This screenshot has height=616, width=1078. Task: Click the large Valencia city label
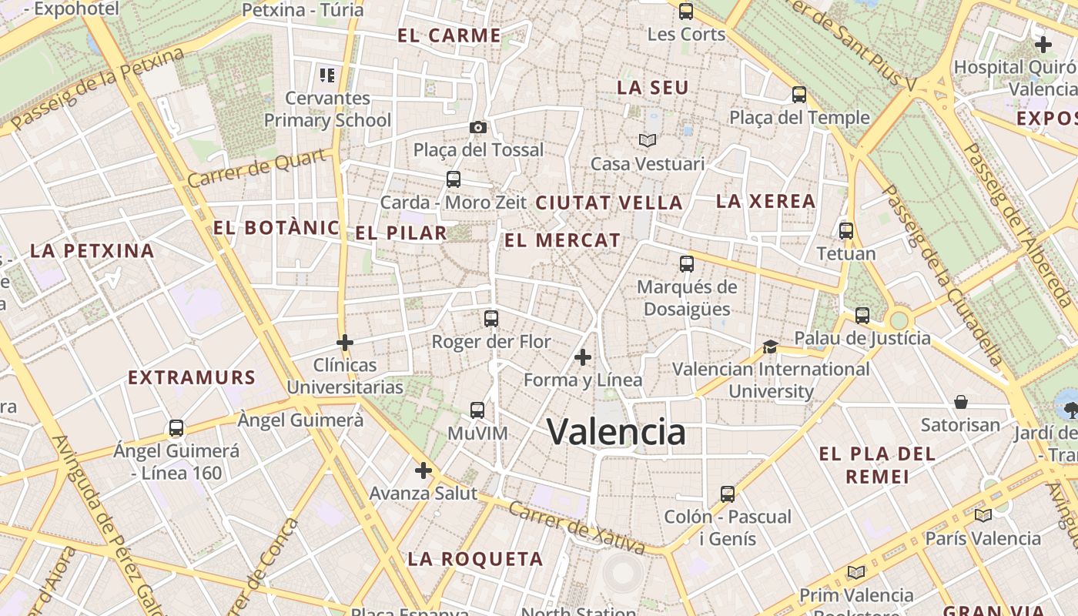616,431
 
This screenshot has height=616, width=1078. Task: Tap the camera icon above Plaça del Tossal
477,127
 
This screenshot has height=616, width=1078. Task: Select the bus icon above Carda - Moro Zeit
454,179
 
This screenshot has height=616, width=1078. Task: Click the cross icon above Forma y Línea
583,357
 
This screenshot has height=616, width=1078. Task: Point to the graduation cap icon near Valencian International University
770,346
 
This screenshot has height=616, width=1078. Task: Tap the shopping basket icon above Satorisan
961,402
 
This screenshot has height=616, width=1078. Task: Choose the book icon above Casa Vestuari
648,140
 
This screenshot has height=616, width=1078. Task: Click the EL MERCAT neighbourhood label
562,240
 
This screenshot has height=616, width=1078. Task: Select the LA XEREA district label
765,202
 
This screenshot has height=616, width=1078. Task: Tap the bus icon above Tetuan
846,230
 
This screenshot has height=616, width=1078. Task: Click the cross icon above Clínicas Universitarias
345,342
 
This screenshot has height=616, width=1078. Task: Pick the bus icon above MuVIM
477,410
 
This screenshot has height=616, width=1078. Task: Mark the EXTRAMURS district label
191,378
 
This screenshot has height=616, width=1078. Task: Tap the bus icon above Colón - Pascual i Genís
728,494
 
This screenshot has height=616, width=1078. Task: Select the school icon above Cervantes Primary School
327,75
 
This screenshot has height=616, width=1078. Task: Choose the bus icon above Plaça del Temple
799,95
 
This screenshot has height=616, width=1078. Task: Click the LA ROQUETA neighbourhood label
475,559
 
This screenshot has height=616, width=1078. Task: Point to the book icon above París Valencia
983,515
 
